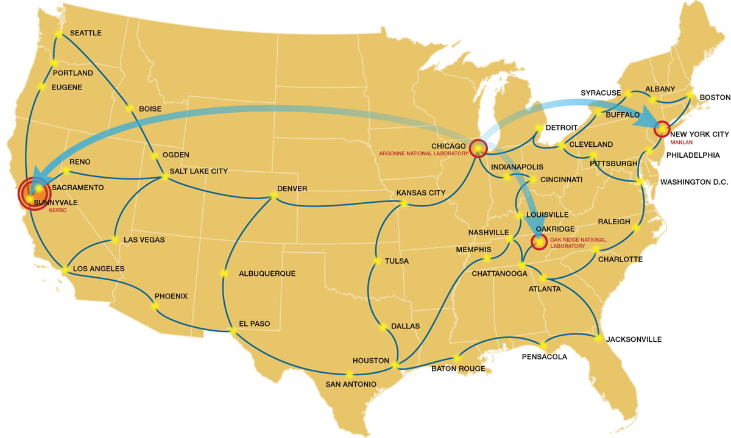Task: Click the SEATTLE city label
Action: coord(85,33)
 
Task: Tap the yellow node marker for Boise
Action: coord(130,109)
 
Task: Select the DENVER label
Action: coord(292,189)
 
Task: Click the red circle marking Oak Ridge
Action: coord(539,242)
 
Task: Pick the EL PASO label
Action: coord(255,323)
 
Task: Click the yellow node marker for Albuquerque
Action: coord(224,273)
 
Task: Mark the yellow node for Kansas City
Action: coord(403,204)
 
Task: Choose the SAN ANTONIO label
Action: coord(350,384)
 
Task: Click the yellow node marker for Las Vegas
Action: coord(114,239)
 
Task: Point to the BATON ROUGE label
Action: coord(458,369)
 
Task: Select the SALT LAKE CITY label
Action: coord(198,172)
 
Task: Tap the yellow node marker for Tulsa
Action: coord(377,261)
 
